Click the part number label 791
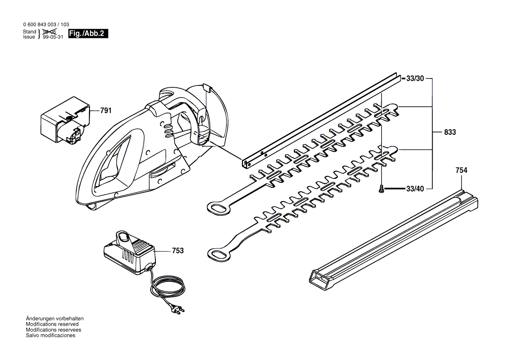click(106, 111)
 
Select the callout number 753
click(178, 251)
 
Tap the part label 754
click(461, 171)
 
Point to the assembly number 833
click(449, 132)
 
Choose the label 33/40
click(415, 189)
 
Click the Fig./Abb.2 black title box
click(88, 34)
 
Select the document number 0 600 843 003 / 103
click(45, 25)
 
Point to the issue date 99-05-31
click(53, 38)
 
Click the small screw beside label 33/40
click(382, 189)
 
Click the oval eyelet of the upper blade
click(218, 207)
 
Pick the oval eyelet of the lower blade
click(218, 254)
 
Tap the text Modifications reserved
click(52, 324)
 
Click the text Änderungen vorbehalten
click(55, 319)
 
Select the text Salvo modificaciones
click(51, 336)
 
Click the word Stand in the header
click(29, 32)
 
